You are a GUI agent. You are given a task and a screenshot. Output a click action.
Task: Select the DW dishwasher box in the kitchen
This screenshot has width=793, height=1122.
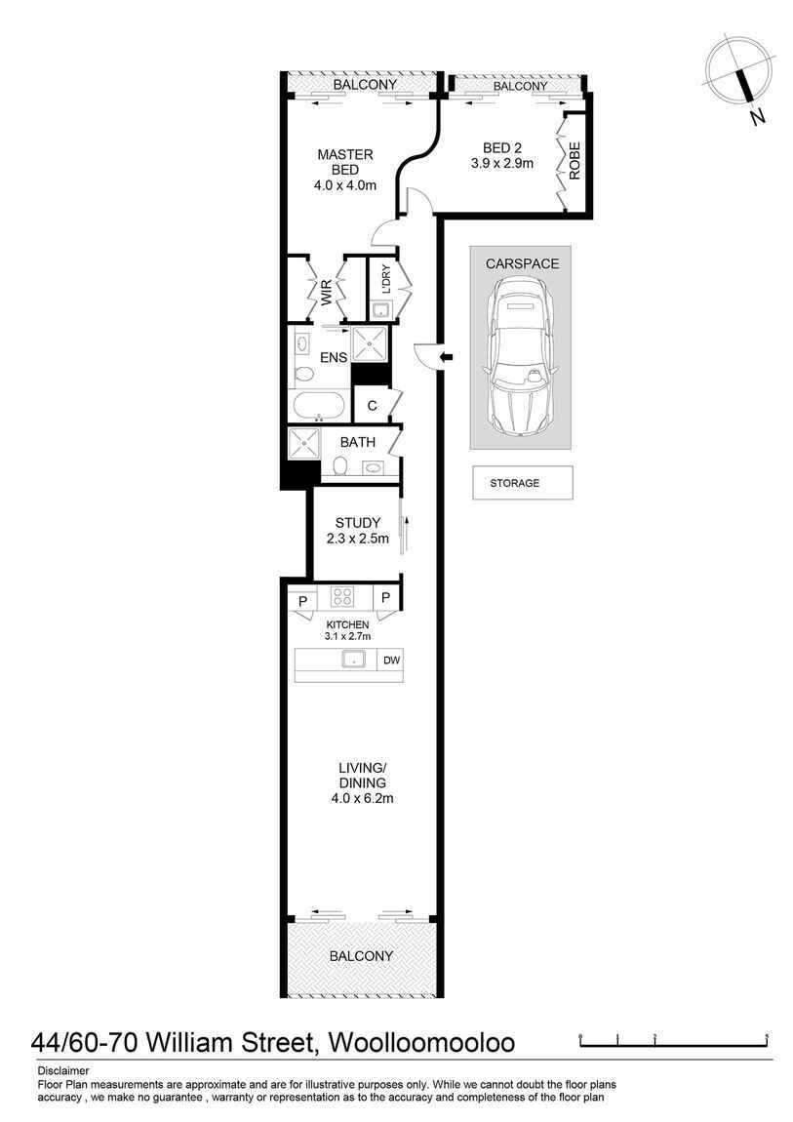(391, 661)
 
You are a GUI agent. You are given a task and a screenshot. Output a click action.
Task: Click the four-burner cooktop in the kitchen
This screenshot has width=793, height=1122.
(342, 596)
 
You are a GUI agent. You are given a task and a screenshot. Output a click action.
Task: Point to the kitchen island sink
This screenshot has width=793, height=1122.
(353, 661)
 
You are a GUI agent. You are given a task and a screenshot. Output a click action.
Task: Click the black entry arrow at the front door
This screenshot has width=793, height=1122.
(446, 358)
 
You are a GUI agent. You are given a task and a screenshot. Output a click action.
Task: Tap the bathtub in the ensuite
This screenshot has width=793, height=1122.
(318, 407)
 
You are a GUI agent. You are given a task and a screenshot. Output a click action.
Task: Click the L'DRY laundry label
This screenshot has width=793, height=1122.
(386, 280)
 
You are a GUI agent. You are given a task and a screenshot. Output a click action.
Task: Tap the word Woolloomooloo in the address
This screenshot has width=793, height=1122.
(422, 1043)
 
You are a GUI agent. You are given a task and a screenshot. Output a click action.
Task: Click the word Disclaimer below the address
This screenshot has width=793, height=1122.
(62, 1070)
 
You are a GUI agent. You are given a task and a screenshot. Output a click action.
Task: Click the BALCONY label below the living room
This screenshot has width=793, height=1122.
(361, 956)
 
